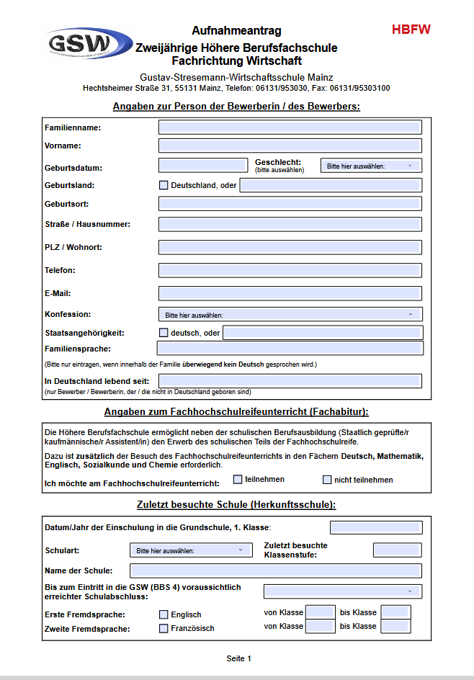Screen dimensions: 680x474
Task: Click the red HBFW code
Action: pos(411,30)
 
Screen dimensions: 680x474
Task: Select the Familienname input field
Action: pos(290,127)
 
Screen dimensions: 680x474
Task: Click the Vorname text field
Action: pos(290,146)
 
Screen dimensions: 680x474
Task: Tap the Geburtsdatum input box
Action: pos(202,166)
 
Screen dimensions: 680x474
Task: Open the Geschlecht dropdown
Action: pos(371,166)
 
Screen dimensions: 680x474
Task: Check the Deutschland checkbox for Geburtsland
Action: pos(164,185)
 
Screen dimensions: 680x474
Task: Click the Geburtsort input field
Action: pos(290,204)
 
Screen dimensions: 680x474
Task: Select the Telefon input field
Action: pos(290,270)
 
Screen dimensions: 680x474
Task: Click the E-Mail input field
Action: pos(290,293)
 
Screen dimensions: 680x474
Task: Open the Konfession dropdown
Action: pos(290,314)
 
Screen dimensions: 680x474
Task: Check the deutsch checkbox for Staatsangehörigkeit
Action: pos(164,333)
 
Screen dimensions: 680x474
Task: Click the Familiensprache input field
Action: pos(290,349)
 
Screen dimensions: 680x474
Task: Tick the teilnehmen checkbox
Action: pos(238,479)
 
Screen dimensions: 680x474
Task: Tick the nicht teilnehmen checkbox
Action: pos(327,479)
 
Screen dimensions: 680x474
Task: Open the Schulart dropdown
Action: pos(191,550)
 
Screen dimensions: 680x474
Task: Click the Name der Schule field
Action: pos(276,571)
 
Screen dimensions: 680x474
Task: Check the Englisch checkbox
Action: pos(164,614)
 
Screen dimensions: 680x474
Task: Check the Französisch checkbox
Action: pos(164,628)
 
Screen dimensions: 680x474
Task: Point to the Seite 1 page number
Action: pos(239,658)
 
